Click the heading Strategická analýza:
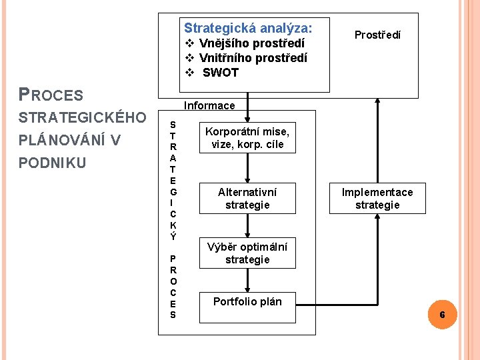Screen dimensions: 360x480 [247, 28]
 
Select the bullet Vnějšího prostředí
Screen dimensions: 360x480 [251, 43]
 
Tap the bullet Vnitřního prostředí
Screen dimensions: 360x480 [253, 58]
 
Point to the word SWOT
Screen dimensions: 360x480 [220, 73]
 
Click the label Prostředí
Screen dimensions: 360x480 [377, 35]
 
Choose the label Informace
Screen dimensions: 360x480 [209, 105]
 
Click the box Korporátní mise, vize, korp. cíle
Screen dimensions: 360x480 [247, 138]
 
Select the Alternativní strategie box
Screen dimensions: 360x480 [247, 198]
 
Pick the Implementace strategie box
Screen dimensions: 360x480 [377, 198]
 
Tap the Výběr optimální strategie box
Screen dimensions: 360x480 [247, 253]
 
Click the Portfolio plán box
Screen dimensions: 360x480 [247, 301]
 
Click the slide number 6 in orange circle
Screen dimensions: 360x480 [442, 314]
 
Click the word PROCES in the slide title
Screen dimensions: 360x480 [51, 95]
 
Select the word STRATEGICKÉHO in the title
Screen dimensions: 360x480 [83, 118]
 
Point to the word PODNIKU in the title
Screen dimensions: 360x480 [53, 163]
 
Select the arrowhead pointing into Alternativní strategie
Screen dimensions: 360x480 [247, 179]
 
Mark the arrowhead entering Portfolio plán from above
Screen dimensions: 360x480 [247, 289]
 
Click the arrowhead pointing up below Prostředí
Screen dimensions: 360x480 [377, 102]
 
